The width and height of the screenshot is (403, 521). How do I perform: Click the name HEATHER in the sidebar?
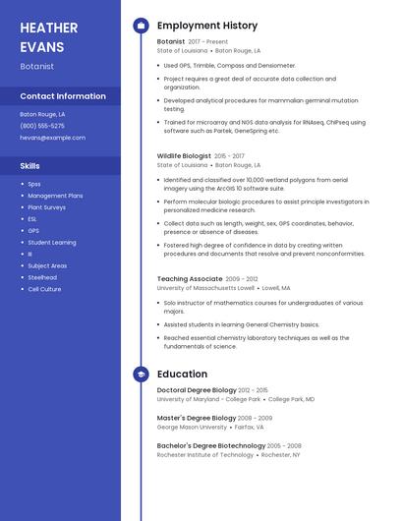click(49, 28)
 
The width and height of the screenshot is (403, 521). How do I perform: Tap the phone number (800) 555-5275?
click(42, 126)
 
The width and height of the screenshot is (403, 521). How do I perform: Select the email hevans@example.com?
click(52, 138)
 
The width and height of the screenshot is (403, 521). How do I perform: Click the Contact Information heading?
click(63, 96)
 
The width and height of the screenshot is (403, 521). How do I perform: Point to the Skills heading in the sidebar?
click(29, 166)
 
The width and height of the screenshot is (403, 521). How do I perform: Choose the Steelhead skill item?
click(43, 277)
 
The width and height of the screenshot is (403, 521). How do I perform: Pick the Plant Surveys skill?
click(46, 207)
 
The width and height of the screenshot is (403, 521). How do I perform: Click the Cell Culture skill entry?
click(44, 289)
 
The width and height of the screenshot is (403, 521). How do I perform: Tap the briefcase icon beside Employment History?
click(141, 26)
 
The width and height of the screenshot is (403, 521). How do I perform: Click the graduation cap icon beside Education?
click(141, 375)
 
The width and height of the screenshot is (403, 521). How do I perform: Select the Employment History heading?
click(207, 26)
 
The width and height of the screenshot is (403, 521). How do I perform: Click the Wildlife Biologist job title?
click(184, 156)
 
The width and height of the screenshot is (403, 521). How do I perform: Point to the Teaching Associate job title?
click(190, 279)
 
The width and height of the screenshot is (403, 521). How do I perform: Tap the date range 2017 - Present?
click(207, 42)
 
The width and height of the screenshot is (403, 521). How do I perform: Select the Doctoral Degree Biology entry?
click(197, 390)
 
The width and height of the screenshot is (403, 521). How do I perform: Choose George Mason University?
click(192, 427)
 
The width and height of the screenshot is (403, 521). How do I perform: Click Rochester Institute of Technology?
click(205, 455)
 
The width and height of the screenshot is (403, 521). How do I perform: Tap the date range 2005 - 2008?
click(284, 445)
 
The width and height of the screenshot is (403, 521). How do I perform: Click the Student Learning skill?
click(52, 242)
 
